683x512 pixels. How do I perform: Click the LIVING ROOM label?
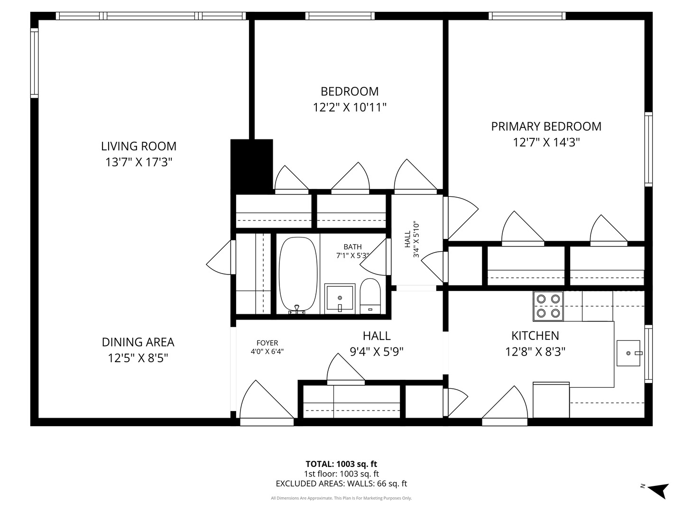138,146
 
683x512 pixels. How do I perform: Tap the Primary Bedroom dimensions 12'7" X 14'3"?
546,142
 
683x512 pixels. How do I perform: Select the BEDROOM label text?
350,91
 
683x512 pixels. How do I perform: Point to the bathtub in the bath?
298,275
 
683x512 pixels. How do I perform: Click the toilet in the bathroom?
370,296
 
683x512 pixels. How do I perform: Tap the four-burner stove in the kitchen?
548,306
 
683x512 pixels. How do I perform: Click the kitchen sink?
628,353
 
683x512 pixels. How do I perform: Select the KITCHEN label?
535,336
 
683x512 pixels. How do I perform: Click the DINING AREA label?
138,342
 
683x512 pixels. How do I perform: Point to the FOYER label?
267,343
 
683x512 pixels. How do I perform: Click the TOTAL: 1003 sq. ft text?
341,464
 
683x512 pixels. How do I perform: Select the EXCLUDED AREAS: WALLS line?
341,484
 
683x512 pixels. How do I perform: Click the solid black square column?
251,164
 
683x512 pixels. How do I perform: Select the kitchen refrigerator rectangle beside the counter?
551,400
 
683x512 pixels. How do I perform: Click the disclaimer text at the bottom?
341,498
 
